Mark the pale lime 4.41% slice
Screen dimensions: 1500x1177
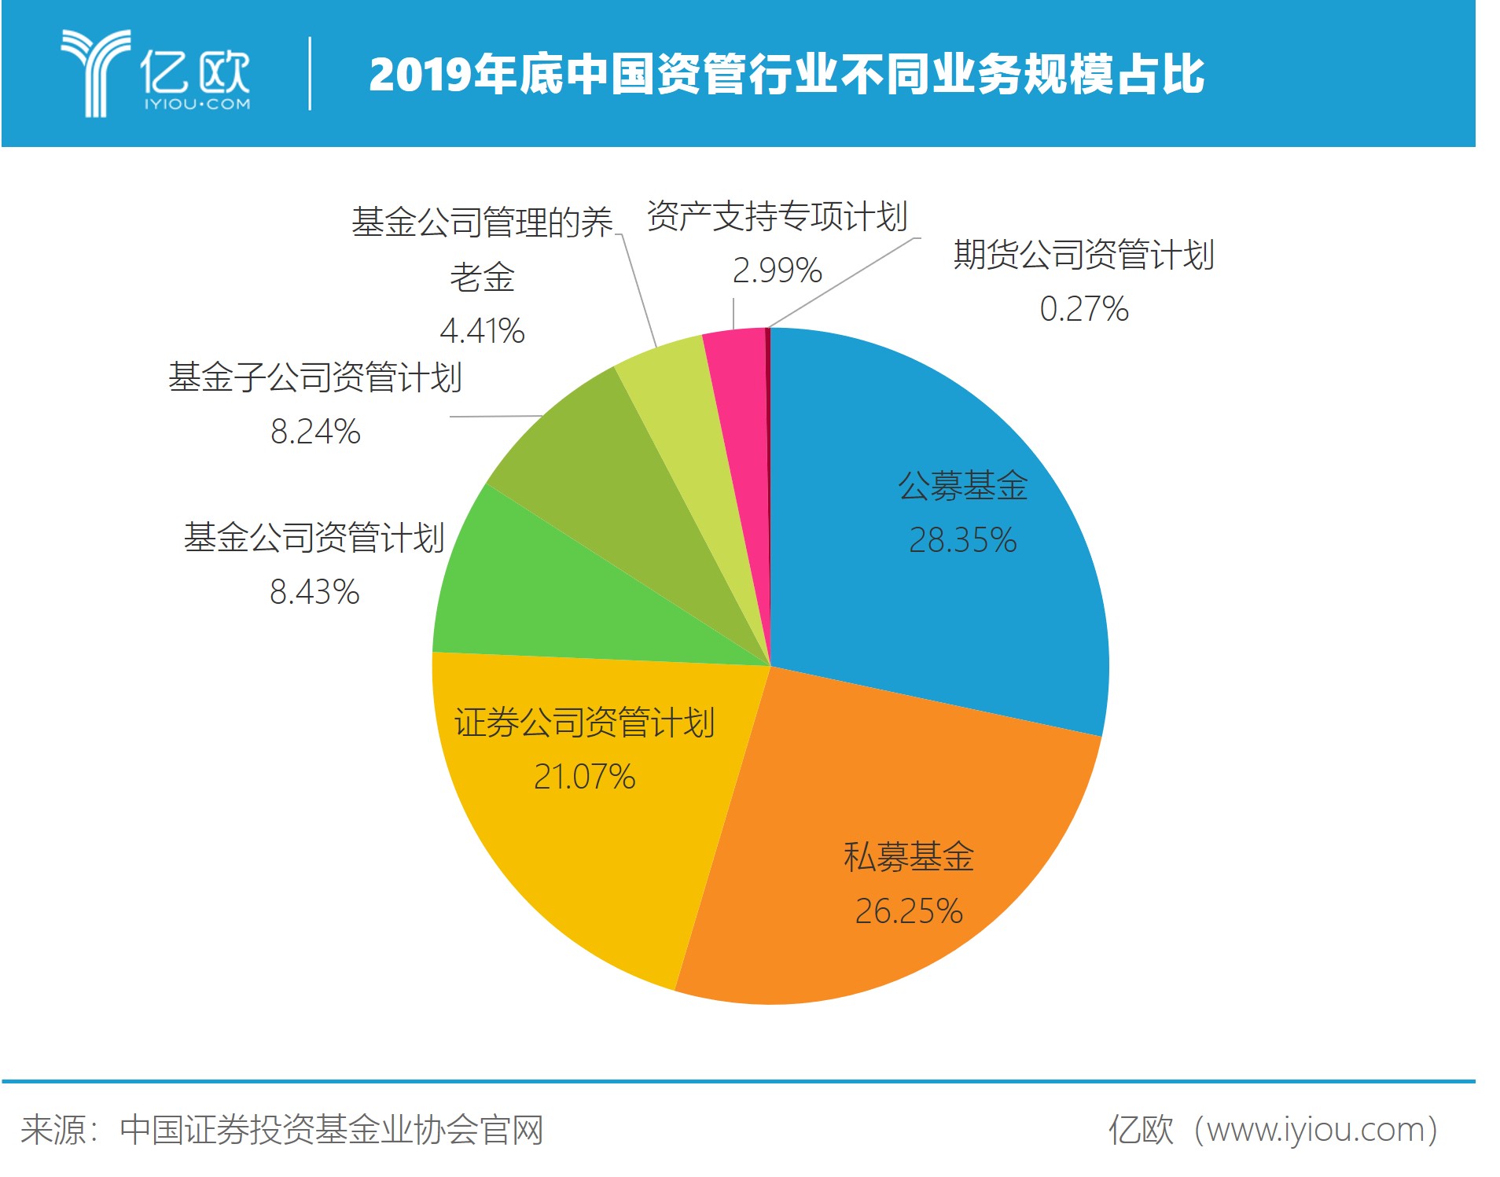click(692, 440)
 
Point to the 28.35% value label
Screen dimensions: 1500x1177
click(962, 540)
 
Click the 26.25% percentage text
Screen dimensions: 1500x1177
click(909, 911)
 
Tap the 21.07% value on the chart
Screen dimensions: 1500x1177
click(584, 777)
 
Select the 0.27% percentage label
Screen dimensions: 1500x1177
click(1084, 309)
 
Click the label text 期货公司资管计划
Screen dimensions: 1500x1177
click(1084, 255)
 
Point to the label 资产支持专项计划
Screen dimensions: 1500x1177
click(777, 216)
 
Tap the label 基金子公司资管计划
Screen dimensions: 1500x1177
click(314, 377)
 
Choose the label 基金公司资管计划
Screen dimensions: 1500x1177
click(314, 538)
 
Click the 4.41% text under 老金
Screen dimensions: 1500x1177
click(482, 331)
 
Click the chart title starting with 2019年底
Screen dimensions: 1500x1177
click(786, 74)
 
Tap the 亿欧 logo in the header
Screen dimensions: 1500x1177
click(156, 73)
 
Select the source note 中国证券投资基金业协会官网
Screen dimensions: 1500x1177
click(331, 1130)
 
